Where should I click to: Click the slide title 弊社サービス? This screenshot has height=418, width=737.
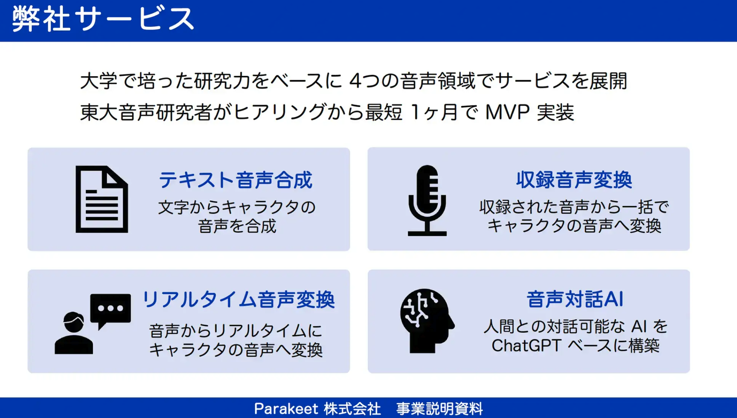pyautogui.click(x=103, y=19)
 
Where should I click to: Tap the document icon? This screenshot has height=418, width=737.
pyautogui.click(x=102, y=199)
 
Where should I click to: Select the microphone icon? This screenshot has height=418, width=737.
pyautogui.click(x=427, y=201)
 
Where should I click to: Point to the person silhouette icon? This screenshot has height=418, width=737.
pyautogui.click(x=74, y=333)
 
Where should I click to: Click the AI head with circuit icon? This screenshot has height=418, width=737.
pyautogui.click(x=427, y=321)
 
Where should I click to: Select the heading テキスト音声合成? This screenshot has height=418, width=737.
pyautogui.click(x=236, y=180)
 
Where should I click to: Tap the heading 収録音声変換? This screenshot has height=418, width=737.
pyautogui.click(x=574, y=180)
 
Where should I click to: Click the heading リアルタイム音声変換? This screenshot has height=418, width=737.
pyautogui.click(x=238, y=300)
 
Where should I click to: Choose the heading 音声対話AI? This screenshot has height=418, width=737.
pyautogui.click(x=575, y=299)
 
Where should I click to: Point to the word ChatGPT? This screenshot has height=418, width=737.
pyautogui.click(x=526, y=345)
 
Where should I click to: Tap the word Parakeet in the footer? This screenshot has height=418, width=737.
pyautogui.click(x=286, y=409)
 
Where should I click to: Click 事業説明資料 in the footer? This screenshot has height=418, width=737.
pyautogui.click(x=440, y=409)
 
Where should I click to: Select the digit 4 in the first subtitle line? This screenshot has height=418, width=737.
pyautogui.click(x=355, y=81)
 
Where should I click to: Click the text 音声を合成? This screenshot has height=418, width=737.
pyautogui.click(x=237, y=226)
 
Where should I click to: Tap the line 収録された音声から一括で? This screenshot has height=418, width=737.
pyautogui.click(x=574, y=207)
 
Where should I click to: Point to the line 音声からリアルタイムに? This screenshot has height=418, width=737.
pyautogui.click(x=236, y=331)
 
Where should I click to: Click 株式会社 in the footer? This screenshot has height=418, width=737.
pyautogui.click(x=352, y=409)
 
